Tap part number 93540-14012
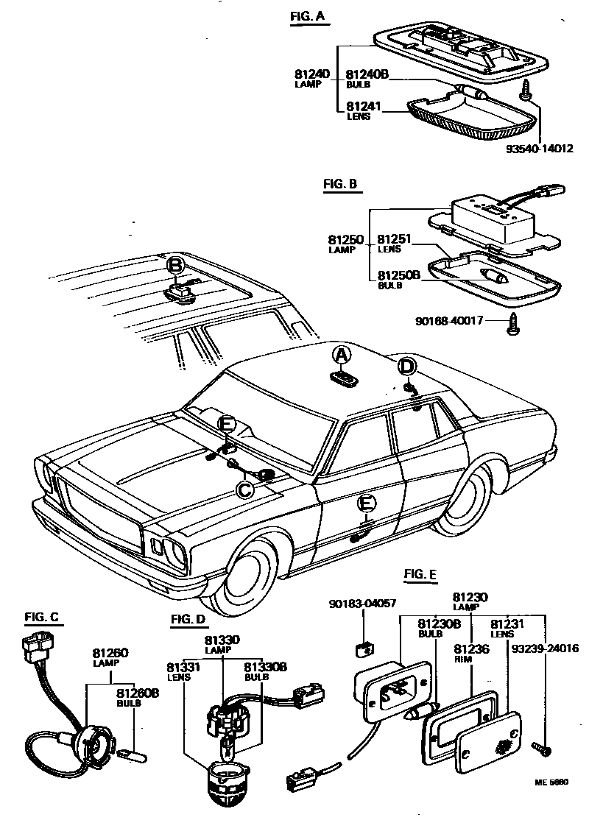tap(539, 147)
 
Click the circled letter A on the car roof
tap(340, 356)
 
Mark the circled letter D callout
tap(407, 367)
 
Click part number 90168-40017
tap(448, 320)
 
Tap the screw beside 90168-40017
tap(513, 322)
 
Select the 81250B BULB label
tap(398, 279)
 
